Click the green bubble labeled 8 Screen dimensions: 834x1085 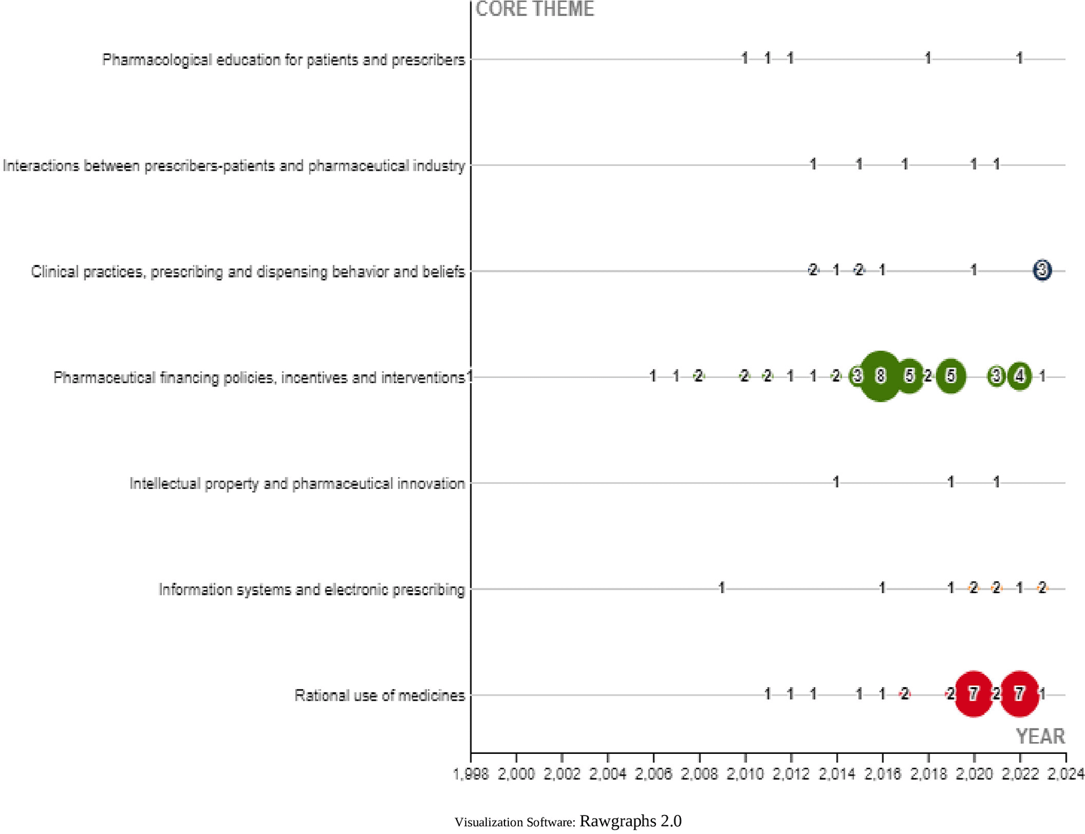pos(880,376)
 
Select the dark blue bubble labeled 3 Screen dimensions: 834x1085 pos(1042,270)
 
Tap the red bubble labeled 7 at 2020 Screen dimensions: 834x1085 pos(973,694)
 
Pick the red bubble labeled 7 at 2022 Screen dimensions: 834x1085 pos(1019,694)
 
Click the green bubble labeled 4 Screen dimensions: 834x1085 pos(1019,376)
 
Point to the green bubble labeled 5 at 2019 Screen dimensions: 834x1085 pos(951,376)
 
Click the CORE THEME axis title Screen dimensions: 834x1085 pos(535,9)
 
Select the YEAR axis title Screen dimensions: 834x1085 pos(1040,736)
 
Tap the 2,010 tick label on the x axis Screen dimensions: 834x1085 pos(745,774)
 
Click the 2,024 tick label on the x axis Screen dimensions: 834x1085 pos(1065,774)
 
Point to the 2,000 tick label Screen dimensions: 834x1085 pos(516,774)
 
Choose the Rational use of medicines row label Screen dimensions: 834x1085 pos(379,695)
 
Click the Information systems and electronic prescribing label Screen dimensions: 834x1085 pos(311,589)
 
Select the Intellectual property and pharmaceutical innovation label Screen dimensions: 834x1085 pos(297,484)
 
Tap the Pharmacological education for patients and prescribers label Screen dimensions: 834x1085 pos(283,60)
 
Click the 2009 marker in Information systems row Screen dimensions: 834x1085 pos(722,588)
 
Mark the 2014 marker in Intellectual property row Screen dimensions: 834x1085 pos(836,482)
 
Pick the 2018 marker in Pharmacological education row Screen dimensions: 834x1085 pos(928,58)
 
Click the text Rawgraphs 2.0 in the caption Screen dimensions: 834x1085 pos(630,821)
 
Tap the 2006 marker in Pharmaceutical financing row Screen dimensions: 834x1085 pos(653,376)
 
